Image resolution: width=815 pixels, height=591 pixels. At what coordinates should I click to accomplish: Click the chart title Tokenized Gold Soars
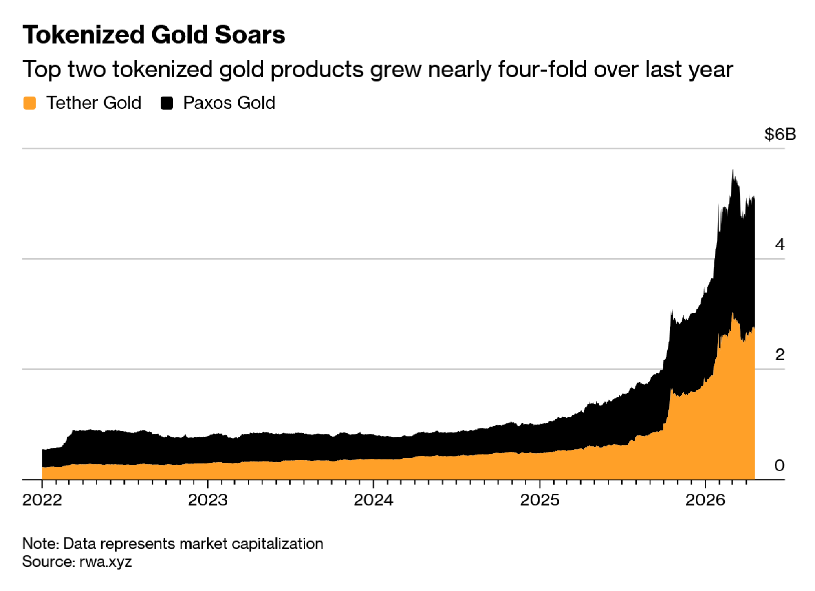(x=154, y=35)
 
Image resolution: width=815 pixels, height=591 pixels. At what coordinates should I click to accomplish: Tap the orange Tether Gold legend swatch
(x=30, y=103)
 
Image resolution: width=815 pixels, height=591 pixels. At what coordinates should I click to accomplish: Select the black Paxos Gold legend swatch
(x=167, y=103)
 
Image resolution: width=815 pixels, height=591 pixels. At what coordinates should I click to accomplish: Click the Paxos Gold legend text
(x=229, y=103)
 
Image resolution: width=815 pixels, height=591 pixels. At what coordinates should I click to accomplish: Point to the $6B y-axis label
(x=780, y=134)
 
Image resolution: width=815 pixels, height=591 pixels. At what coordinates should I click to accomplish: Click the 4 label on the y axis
(x=780, y=245)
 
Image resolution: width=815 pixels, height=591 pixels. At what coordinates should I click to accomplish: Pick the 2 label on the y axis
(x=780, y=355)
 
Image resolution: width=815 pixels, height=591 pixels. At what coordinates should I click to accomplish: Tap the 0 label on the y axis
(x=779, y=465)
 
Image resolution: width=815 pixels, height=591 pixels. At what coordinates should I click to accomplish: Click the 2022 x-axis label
(x=42, y=500)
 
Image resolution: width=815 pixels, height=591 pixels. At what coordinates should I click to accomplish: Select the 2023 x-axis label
(x=208, y=500)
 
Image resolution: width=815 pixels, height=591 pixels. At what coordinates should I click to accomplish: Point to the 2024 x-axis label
(x=373, y=500)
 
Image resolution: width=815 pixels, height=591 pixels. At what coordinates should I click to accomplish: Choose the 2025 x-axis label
(x=540, y=500)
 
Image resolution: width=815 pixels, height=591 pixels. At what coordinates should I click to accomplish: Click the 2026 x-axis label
(x=705, y=500)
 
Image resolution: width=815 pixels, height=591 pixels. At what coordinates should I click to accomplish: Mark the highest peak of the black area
(x=733, y=170)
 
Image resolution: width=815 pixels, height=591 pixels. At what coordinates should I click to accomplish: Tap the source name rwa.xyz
(x=106, y=562)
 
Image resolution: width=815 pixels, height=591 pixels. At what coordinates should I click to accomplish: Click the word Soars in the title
(x=250, y=35)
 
